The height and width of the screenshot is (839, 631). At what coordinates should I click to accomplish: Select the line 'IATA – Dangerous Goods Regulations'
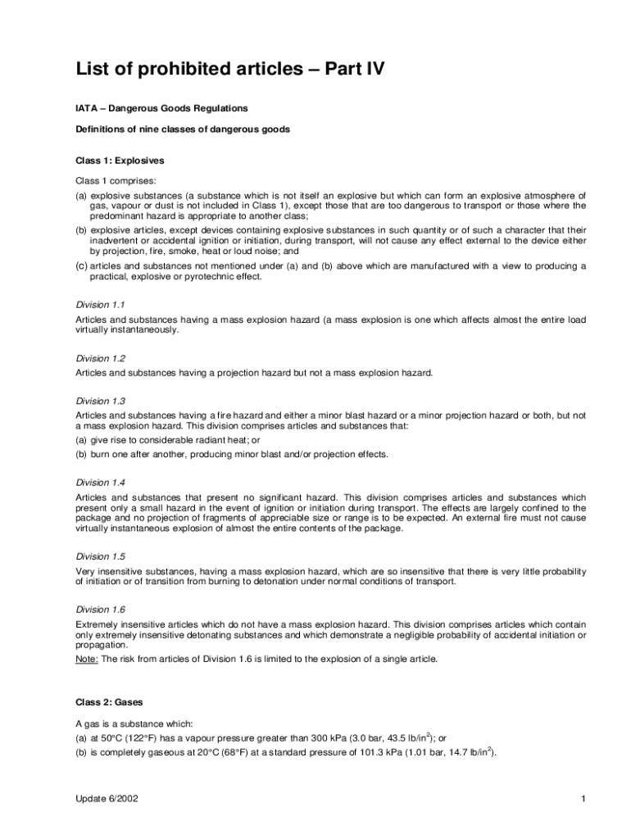161,108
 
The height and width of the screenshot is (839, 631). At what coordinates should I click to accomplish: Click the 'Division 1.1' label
99,304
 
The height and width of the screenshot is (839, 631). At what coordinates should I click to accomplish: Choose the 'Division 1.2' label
99,358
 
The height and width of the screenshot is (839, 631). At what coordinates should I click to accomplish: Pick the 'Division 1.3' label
99,401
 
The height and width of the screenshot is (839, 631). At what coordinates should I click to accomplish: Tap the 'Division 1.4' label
99,483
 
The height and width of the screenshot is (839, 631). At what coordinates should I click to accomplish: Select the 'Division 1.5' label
99,556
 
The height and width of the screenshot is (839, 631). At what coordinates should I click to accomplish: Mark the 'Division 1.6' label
99,610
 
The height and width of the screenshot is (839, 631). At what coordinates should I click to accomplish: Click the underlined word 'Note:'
87,660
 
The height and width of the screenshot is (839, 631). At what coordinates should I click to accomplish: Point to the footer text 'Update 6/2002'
106,799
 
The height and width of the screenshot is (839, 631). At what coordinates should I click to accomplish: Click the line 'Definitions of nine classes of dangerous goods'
183,129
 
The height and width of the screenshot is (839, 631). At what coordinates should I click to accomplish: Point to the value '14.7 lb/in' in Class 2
466,752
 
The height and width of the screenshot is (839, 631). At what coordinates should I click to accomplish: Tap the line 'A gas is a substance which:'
134,723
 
